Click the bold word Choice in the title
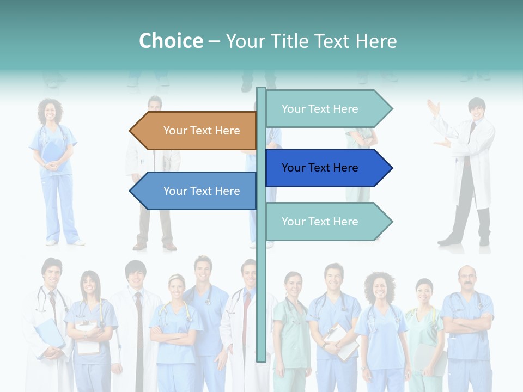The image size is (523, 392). coord(171,41)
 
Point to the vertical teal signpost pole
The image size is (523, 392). coord(261,305)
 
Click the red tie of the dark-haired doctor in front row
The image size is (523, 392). coord(139,316)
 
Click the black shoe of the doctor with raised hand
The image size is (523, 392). coord(450,240)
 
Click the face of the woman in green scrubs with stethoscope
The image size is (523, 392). coord(293,285)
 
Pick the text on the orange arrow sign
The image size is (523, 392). coord(202,131)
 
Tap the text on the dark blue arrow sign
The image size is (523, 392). coord(320,168)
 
